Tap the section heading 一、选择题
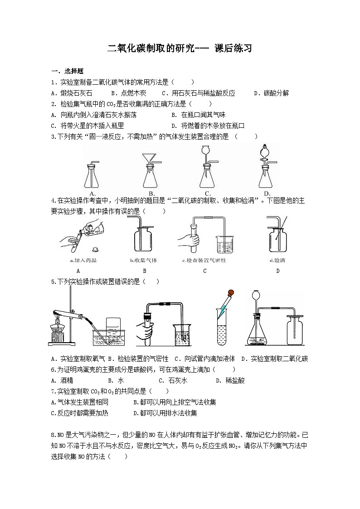tap(67, 71)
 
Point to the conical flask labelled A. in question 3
tap(91, 177)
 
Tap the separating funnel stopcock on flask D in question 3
tap(264, 161)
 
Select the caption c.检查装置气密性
tap(204, 261)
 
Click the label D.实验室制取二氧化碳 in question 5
tap(274, 359)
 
